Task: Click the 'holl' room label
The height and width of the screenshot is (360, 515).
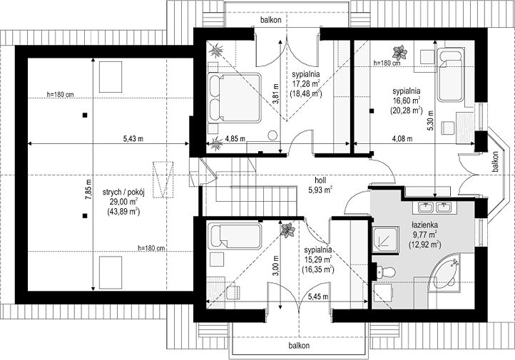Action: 320,180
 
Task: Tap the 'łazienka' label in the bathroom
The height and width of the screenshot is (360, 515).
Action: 424,225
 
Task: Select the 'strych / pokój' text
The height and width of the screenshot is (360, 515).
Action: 123,192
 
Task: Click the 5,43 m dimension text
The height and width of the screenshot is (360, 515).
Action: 133,139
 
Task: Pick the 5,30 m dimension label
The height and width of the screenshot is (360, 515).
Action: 431,120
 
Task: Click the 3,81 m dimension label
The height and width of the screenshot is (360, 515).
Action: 276,94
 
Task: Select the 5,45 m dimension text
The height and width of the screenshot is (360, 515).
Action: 318,297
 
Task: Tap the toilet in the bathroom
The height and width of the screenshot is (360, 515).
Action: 385,272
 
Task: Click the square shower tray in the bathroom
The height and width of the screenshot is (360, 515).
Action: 386,240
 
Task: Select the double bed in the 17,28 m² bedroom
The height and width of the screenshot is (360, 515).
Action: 234,98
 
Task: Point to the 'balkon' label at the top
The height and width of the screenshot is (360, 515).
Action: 271,20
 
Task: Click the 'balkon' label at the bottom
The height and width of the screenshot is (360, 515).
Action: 299,346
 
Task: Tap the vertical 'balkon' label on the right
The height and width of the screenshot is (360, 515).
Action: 495,161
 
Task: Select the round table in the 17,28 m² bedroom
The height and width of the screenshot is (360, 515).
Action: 272,135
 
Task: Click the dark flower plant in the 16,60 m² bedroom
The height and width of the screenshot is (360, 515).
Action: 399,53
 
